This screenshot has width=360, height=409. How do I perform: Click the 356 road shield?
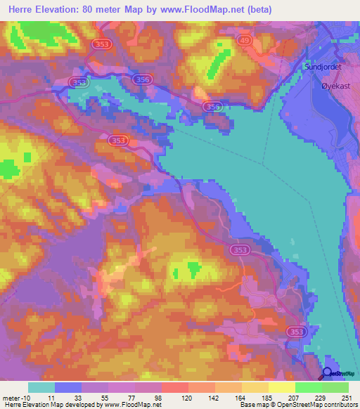[x=142, y=81]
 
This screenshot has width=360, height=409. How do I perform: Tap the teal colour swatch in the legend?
[x=41, y=387]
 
